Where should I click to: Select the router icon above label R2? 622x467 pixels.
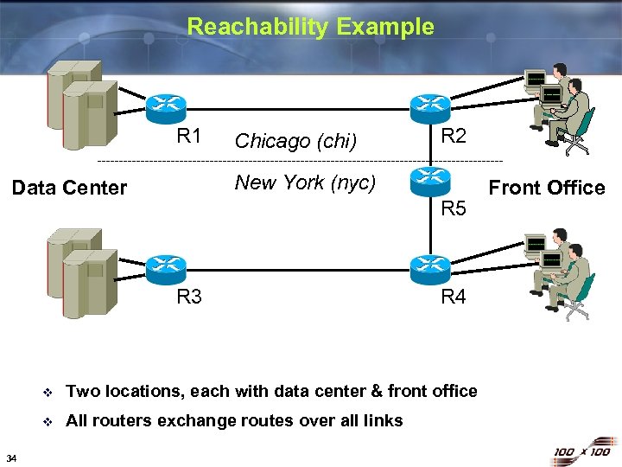tap(430, 106)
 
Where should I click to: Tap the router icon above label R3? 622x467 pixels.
tap(165, 269)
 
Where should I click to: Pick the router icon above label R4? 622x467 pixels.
tap(430, 269)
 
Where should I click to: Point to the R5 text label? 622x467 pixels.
tap(454, 208)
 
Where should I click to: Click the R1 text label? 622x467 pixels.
tap(189, 136)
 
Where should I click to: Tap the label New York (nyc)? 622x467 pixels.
tap(305, 182)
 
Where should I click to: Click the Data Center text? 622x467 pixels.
tap(70, 188)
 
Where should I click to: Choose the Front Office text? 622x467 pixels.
tap(547, 188)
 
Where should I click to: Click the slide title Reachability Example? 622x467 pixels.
tap(310, 26)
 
